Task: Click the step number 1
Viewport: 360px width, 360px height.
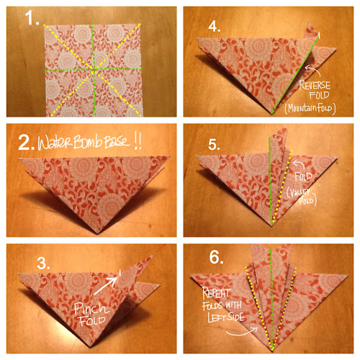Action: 32,18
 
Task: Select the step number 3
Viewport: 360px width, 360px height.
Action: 43,263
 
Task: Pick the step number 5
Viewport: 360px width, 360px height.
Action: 214,145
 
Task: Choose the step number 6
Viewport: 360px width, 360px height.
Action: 216,258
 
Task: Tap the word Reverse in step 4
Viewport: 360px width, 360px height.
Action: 315,85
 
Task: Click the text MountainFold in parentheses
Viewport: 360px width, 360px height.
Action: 310,109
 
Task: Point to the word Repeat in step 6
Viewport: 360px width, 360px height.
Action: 216,293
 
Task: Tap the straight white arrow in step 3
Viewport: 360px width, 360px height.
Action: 106,286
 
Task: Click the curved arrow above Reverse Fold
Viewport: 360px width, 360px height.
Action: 313,70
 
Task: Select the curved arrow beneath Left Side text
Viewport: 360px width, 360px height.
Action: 243,332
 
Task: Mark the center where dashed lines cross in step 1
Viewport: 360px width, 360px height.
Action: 94,70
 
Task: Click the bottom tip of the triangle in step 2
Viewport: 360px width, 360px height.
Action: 98,234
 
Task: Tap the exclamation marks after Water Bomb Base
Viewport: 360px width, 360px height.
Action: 138,142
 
